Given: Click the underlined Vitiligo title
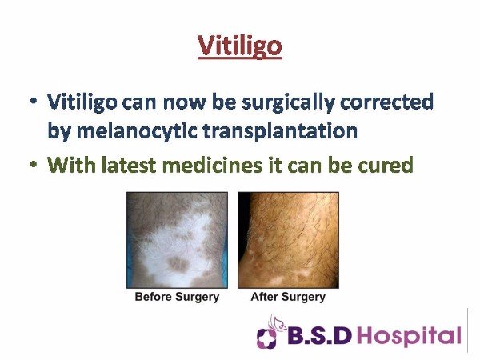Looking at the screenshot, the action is coord(240,46).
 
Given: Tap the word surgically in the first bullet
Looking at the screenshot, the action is coord(288,102).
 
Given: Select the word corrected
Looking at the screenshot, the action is coord(386,102).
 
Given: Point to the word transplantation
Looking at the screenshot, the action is coord(280,131).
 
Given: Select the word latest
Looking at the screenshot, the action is coord(129,165).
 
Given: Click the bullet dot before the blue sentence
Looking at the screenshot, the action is coord(34,101).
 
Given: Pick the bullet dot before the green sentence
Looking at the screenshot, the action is coord(34,164).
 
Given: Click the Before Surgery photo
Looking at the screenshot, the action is coord(178,240).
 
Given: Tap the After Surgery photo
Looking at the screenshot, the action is coord(288,240).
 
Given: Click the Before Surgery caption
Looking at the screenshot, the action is coord(177,297).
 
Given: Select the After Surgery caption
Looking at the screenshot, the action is coord(288,297).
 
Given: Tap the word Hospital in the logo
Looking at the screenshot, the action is coord(410,337).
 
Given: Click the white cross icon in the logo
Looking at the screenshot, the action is coord(266,338).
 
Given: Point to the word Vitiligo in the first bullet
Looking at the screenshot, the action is coord(82,102).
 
